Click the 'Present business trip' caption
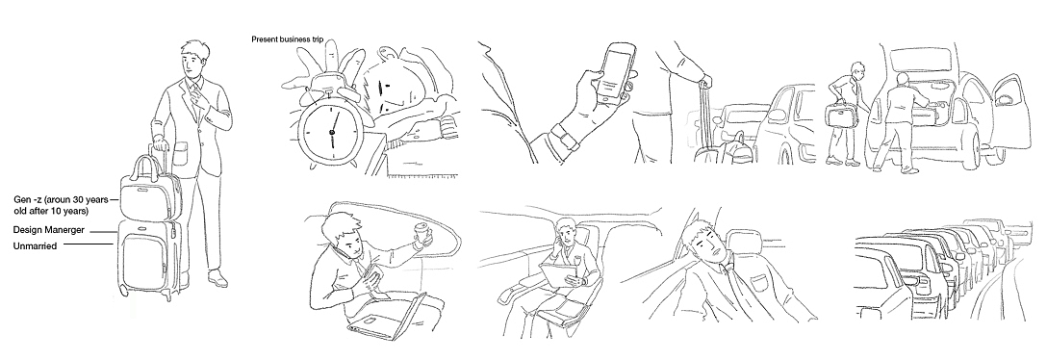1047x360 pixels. click(x=287, y=39)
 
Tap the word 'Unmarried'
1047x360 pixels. click(x=35, y=245)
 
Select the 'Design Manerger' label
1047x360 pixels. click(x=49, y=230)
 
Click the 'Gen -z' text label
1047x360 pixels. click(x=28, y=199)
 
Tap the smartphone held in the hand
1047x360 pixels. click(x=613, y=70)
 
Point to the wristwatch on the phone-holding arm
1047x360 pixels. click(x=562, y=141)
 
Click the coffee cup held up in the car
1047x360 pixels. click(x=422, y=235)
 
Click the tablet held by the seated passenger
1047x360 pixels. click(x=557, y=273)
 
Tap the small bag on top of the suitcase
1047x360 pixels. click(x=150, y=192)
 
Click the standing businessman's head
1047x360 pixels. click(x=193, y=60)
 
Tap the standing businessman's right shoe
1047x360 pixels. click(x=217, y=278)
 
